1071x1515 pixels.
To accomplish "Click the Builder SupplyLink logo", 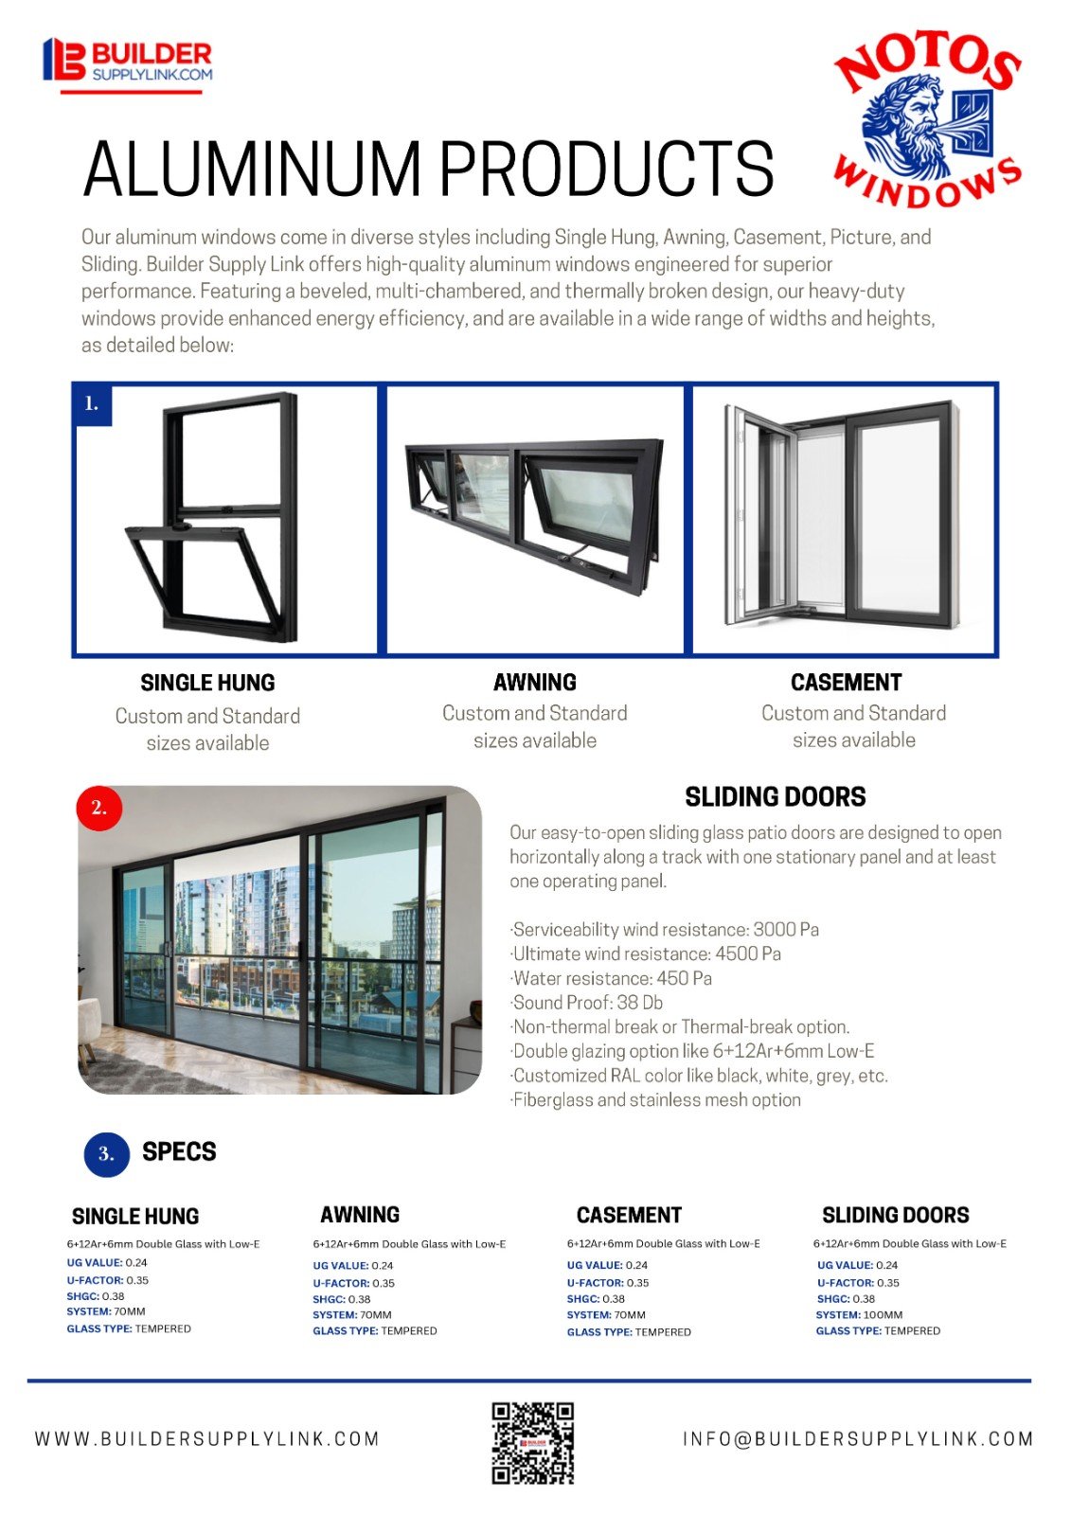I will (x=128, y=63).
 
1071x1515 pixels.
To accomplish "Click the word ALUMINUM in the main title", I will (x=252, y=169).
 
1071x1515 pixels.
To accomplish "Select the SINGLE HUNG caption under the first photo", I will (x=207, y=683).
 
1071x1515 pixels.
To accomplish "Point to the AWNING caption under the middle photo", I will (x=534, y=682).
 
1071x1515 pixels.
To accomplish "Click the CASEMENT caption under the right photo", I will (x=846, y=682).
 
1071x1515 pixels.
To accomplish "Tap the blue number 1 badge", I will (x=92, y=403).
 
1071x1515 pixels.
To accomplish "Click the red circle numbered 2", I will (x=99, y=808).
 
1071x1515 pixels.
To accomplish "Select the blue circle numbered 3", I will (x=106, y=1153).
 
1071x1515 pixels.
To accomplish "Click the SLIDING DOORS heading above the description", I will (x=775, y=797).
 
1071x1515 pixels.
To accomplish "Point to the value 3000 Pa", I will (x=786, y=930).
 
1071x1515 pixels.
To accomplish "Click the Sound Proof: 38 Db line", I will (x=587, y=1003).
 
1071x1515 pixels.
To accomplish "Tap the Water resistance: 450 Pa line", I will (x=612, y=978).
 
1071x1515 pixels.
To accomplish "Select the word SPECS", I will (x=179, y=1151).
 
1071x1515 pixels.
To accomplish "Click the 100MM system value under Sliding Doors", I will (x=883, y=1314).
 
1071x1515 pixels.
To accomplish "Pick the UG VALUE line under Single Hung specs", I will (x=107, y=1262).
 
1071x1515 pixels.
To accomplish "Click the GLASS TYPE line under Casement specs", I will (x=629, y=1331).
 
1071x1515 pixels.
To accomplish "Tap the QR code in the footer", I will (x=533, y=1442).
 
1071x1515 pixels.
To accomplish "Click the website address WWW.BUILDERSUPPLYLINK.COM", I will (x=207, y=1439).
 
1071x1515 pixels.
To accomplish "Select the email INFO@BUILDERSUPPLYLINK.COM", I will (x=858, y=1439).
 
